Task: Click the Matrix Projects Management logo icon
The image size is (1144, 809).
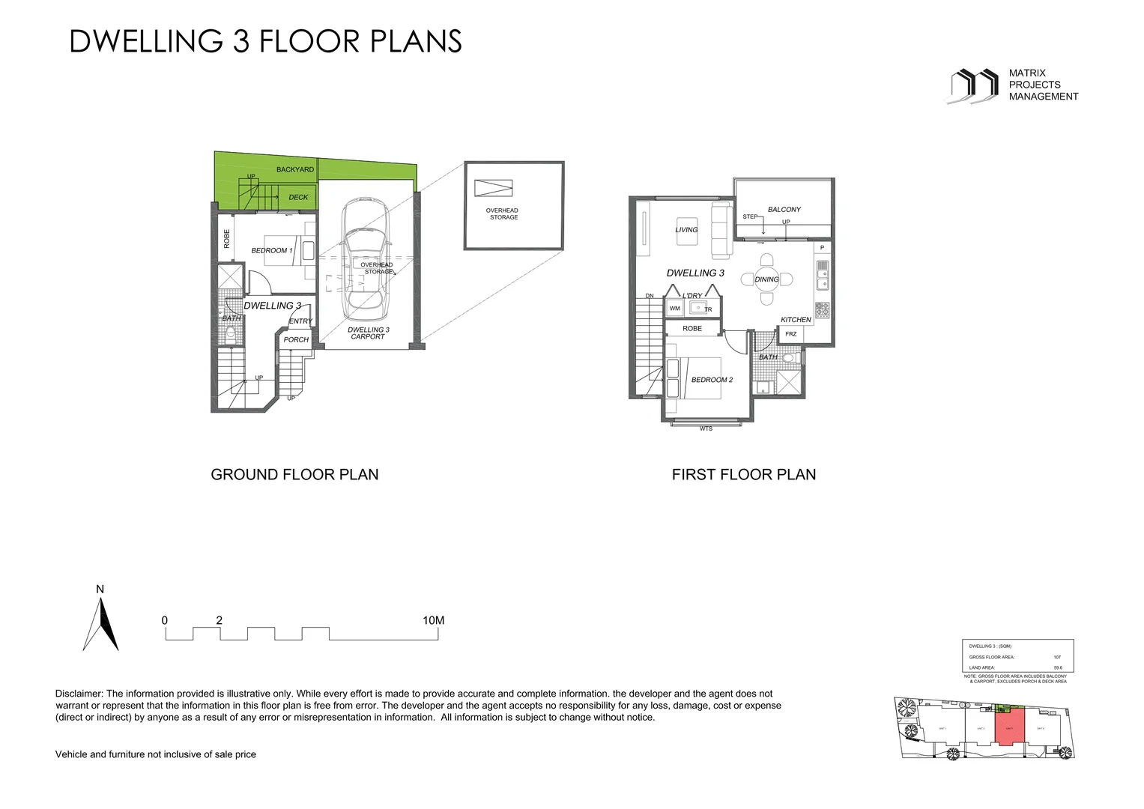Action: click(975, 85)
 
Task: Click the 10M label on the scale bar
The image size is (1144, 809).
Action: click(433, 620)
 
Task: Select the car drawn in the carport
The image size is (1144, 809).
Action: click(365, 258)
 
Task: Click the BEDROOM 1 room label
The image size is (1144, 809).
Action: click(272, 250)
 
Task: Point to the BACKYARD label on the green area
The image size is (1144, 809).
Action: click(295, 169)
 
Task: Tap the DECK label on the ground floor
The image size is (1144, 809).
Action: click(298, 198)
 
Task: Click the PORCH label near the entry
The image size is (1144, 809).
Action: click(296, 339)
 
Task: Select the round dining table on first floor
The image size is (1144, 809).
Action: click(766, 279)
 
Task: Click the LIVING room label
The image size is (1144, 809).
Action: click(686, 230)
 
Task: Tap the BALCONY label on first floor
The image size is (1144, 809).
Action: click(784, 210)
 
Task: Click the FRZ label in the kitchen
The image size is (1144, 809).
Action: click(791, 334)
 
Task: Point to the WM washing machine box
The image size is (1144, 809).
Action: click(674, 309)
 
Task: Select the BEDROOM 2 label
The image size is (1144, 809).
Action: click(712, 380)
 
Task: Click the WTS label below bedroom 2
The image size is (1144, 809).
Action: click(706, 429)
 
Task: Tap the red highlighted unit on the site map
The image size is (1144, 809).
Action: click(1009, 729)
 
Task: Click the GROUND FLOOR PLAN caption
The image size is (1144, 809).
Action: click(294, 474)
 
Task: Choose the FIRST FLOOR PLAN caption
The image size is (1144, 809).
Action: click(743, 474)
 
